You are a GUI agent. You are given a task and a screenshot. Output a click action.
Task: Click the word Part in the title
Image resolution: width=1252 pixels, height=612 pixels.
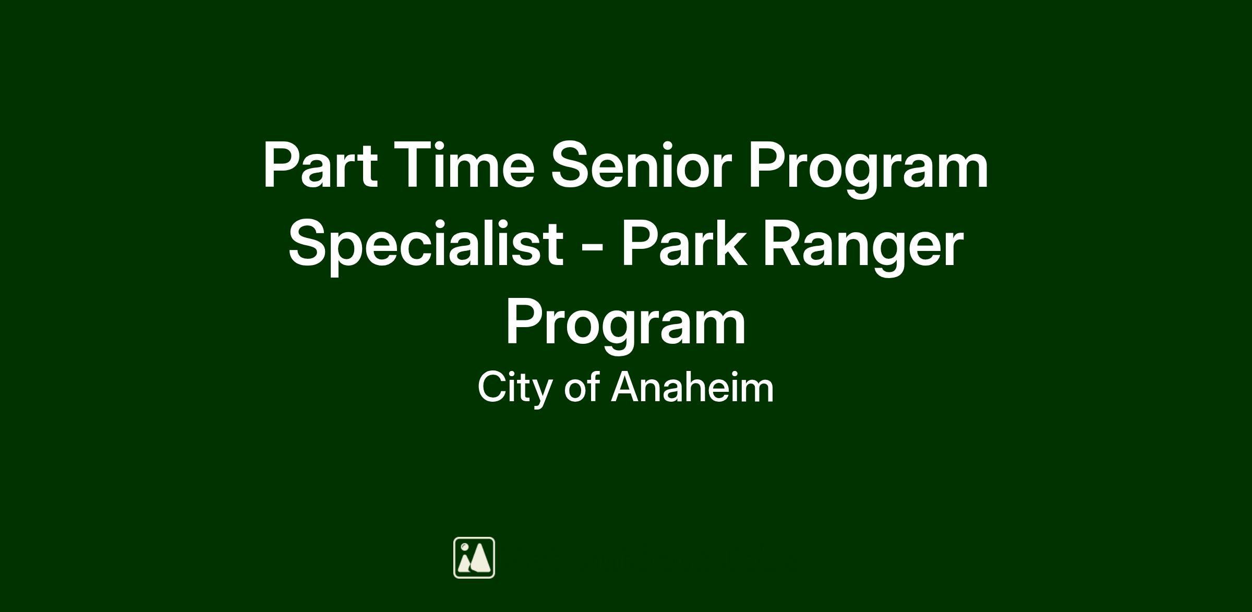click(x=320, y=164)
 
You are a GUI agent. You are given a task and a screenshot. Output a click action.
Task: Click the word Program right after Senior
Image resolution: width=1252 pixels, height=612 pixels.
click(x=869, y=170)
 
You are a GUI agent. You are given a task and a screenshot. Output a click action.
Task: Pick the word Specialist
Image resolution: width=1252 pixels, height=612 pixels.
click(x=426, y=245)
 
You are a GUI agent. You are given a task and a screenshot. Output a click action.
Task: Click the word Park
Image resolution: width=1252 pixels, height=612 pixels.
click(x=683, y=243)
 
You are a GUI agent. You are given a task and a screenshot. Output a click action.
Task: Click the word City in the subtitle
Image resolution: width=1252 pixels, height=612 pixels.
click(x=515, y=389)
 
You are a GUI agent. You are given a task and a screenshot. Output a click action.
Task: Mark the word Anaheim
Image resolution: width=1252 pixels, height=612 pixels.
click(x=692, y=387)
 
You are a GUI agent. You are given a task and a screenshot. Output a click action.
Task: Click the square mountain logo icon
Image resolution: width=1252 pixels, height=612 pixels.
click(x=474, y=558)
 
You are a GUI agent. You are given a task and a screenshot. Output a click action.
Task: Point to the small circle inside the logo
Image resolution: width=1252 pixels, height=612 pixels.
click(x=464, y=547)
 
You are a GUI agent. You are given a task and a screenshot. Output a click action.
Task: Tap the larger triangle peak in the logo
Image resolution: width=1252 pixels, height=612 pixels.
click(x=481, y=558)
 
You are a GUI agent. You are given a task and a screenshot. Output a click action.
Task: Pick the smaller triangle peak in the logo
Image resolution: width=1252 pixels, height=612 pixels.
click(x=464, y=563)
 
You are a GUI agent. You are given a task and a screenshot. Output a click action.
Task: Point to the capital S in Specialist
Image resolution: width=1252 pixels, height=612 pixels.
click(x=308, y=243)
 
